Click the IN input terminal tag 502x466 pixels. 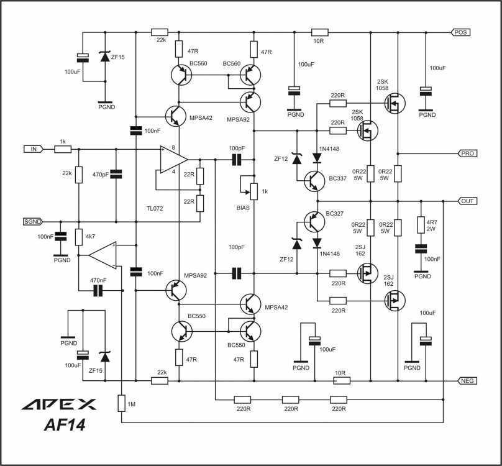pos(34,149)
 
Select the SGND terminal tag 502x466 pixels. pos(33,221)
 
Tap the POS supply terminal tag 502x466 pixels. pos(461,32)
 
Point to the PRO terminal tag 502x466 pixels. pos(467,153)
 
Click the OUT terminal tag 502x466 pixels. pos(467,201)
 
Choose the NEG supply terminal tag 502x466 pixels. pos(467,381)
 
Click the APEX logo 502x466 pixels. pos(59,404)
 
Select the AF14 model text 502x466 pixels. pos(65,425)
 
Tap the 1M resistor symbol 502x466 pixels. pos(121,403)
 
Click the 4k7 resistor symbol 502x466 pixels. pos(79,237)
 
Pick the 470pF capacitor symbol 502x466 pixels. pos(116,174)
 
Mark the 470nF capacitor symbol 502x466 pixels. pos(98,291)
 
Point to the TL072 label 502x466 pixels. pos(155,209)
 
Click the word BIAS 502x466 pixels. pos(243,208)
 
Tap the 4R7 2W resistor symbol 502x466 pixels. pos(421,224)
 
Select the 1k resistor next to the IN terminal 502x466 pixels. pos(63,149)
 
